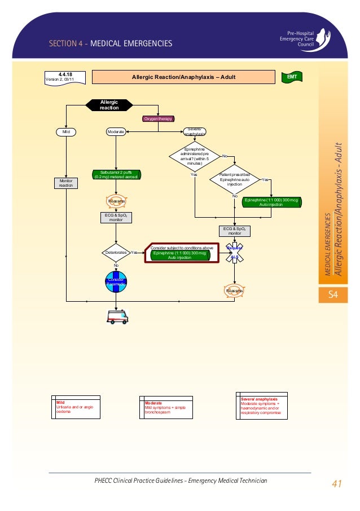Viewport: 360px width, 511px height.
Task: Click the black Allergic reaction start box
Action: (109, 105)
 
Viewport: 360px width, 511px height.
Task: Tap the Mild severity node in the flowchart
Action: (66, 131)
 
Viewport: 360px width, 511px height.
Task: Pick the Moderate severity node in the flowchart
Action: (116, 131)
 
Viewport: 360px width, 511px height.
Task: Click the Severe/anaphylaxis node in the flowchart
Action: (195, 131)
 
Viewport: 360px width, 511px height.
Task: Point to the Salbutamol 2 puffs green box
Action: (116, 174)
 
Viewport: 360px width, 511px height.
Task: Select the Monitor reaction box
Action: (66, 183)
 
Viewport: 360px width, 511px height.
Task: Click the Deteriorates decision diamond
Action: (116, 253)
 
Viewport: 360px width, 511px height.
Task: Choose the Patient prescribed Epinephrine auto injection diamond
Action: (234, 180)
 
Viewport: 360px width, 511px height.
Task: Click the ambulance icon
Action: (117, 316)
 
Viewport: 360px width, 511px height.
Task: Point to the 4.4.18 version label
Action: (65, 76)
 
